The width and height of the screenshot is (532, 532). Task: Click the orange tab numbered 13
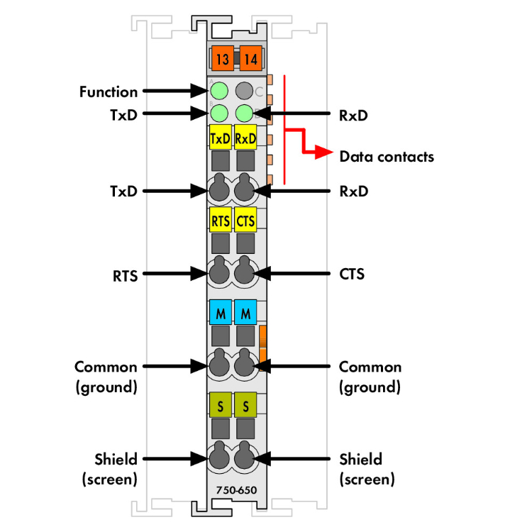point(222,59)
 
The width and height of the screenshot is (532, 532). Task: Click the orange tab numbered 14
point(250,59)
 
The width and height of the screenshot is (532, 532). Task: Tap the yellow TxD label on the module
point(221,138)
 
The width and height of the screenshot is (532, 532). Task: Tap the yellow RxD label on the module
point(245,138)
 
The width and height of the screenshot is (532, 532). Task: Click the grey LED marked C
point(245,91)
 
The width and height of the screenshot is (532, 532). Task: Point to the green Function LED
point(219,91)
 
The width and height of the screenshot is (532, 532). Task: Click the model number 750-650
point(237,490)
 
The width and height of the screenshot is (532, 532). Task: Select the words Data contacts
point(387,157)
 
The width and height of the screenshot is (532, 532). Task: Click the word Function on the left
point(109,92)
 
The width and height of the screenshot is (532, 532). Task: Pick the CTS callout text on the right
point(352,273)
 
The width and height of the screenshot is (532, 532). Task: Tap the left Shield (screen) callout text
point(109,469)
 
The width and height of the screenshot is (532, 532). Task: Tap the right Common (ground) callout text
point(370,377)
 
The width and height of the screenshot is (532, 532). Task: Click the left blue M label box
point(221,312)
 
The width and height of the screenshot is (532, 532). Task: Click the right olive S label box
point(245,406)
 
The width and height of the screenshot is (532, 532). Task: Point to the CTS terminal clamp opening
point(245,272)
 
